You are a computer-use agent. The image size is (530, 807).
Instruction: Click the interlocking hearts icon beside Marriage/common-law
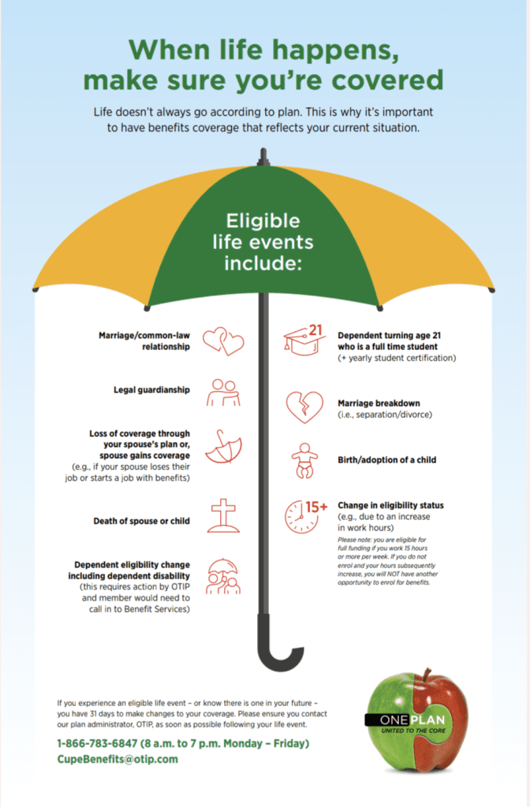pyautogui.click(x=223, y=340)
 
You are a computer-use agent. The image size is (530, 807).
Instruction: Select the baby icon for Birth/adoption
pyautogui.click(x=304, y=459)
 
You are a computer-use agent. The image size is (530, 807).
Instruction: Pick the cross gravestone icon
pyautogui.click(x=224, y=516)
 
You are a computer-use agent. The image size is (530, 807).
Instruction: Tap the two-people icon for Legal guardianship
pyautogui.click(x=223, y=392)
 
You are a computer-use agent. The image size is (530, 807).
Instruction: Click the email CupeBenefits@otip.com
pyautogui.click(x=117, y=759)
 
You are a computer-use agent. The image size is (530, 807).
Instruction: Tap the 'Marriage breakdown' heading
pyautogui.click(x=379, y=403)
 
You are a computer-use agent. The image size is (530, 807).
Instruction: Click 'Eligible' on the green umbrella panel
pyautogui.click(x=263, y=221)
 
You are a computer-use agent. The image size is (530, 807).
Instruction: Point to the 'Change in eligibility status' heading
pyautogui.click(x=390, y=505)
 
